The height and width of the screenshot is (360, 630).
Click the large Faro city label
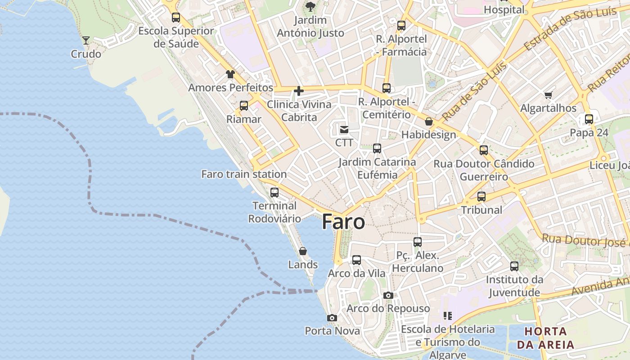coord(343,222)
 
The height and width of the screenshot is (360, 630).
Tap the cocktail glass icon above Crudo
coord(86,40)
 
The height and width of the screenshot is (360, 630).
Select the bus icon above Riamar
coord(244,106)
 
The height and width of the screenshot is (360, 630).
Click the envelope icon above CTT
coord(344,130)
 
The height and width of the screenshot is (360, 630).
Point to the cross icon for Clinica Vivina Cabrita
coord(299,91)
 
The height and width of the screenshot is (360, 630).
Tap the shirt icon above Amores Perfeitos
coord(230,74)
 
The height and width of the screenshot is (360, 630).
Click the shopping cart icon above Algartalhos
coord(548,95)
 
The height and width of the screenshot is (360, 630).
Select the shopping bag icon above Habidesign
coord(429,121)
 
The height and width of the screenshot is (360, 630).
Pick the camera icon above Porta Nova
coord(332,318)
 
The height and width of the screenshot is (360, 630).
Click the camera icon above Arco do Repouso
coord(388,296)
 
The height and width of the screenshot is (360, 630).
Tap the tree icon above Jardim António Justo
coord(310,6)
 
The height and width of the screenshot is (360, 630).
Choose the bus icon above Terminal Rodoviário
coord(274,193)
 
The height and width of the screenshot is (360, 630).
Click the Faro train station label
coord(244,174)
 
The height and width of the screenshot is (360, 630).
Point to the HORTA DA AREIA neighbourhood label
coord(545,338)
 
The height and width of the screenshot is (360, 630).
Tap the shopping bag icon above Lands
coord(303,251)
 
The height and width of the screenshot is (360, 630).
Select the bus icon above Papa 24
coord(589,119)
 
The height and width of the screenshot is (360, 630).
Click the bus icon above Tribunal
coord(481,197)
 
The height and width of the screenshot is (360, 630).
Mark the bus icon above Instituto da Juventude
coord(514,266)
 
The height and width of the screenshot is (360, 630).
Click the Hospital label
coord(504,9)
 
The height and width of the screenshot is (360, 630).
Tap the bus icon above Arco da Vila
coord(356,260)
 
